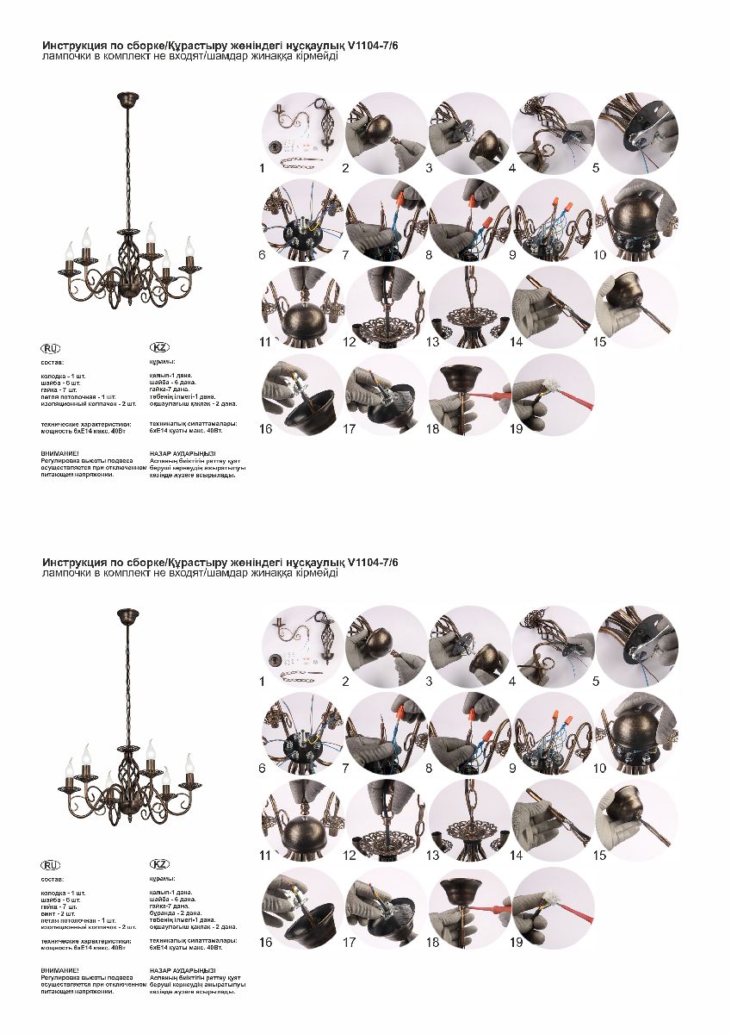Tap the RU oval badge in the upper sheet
[52, 348]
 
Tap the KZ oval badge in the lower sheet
[159, 864]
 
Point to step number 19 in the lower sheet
[517, 943]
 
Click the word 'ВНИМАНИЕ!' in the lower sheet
[59, 971]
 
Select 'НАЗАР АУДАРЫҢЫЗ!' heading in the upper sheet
[183, 452]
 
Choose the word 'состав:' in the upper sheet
[53, 363]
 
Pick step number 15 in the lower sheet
[600, 856]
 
